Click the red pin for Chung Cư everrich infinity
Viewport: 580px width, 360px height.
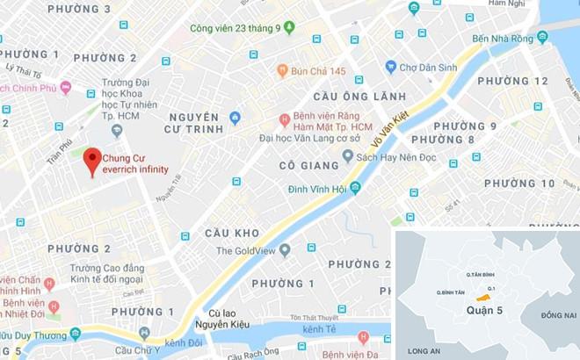tap(92, 162)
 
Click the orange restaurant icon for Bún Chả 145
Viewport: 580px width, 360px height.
tap(283, 69)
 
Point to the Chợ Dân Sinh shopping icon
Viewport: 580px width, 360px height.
tap(391, 66)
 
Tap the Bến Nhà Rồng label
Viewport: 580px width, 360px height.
tap(504, 38)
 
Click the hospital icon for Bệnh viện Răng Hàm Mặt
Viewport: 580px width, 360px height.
tap(285, 119)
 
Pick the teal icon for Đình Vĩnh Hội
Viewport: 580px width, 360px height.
tap(355, 188)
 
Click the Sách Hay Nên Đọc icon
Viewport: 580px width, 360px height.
tap(348, 155)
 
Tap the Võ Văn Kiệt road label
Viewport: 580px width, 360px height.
tap(390, 126)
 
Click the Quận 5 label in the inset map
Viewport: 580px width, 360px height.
tap(480, 310)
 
